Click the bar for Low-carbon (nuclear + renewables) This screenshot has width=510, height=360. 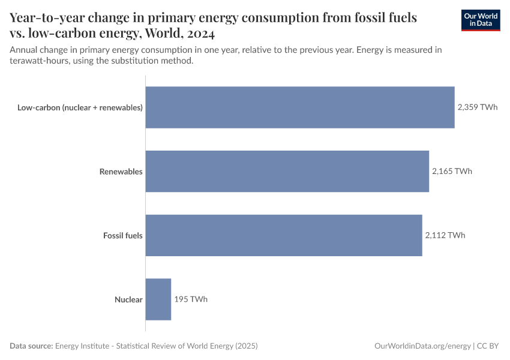coord(300,107)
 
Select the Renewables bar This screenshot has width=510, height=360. coord(287,171)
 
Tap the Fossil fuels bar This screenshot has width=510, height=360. coord(284,235)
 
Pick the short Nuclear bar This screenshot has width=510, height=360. coord(158,299)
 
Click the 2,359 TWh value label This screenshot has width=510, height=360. coord(477,107)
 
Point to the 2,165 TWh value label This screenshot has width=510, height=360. coord(452,171)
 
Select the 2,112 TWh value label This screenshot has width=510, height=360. coord(445,235)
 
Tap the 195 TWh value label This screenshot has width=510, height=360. coord(191,299)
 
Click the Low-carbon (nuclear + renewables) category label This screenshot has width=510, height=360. coord(80,108)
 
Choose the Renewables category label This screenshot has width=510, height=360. coord(121,172)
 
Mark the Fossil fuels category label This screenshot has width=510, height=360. coord(123,236)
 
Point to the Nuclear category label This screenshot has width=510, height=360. coord(128,299)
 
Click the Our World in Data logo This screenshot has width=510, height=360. coord(481,20)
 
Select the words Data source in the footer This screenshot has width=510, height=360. coord(31,346)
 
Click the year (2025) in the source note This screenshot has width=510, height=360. coord(246,346)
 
